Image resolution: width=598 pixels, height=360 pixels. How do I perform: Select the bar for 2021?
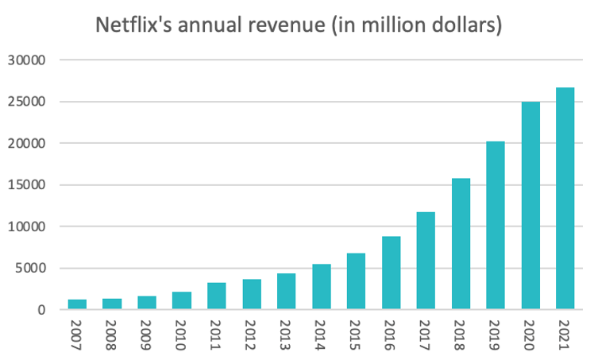click(x=565, y=199)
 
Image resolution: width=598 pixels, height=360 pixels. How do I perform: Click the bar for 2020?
click(x=530, y=206)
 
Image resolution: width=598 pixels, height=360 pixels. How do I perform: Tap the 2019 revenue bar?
click(x=495, y=226)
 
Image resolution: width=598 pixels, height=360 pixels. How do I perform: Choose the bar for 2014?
click(x=321, y=287)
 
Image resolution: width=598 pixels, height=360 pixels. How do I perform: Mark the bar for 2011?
click(x=216, y=296)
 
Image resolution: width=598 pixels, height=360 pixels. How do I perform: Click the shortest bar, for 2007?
click(x=76, y=304)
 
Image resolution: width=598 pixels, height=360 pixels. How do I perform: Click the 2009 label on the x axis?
click(x=147, y=335)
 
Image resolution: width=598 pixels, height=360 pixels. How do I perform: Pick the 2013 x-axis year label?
click(x=287, y=335)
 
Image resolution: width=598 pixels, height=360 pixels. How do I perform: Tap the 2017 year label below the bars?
click(x=426, y=335)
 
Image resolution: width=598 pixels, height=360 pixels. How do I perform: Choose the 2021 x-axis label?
click(x=565, y=335)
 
